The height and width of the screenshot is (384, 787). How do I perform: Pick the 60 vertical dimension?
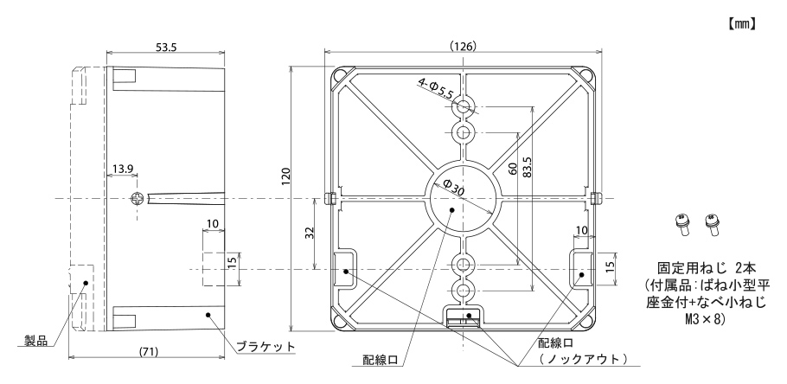513,169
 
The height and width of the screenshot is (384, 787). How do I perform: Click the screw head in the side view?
137,199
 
